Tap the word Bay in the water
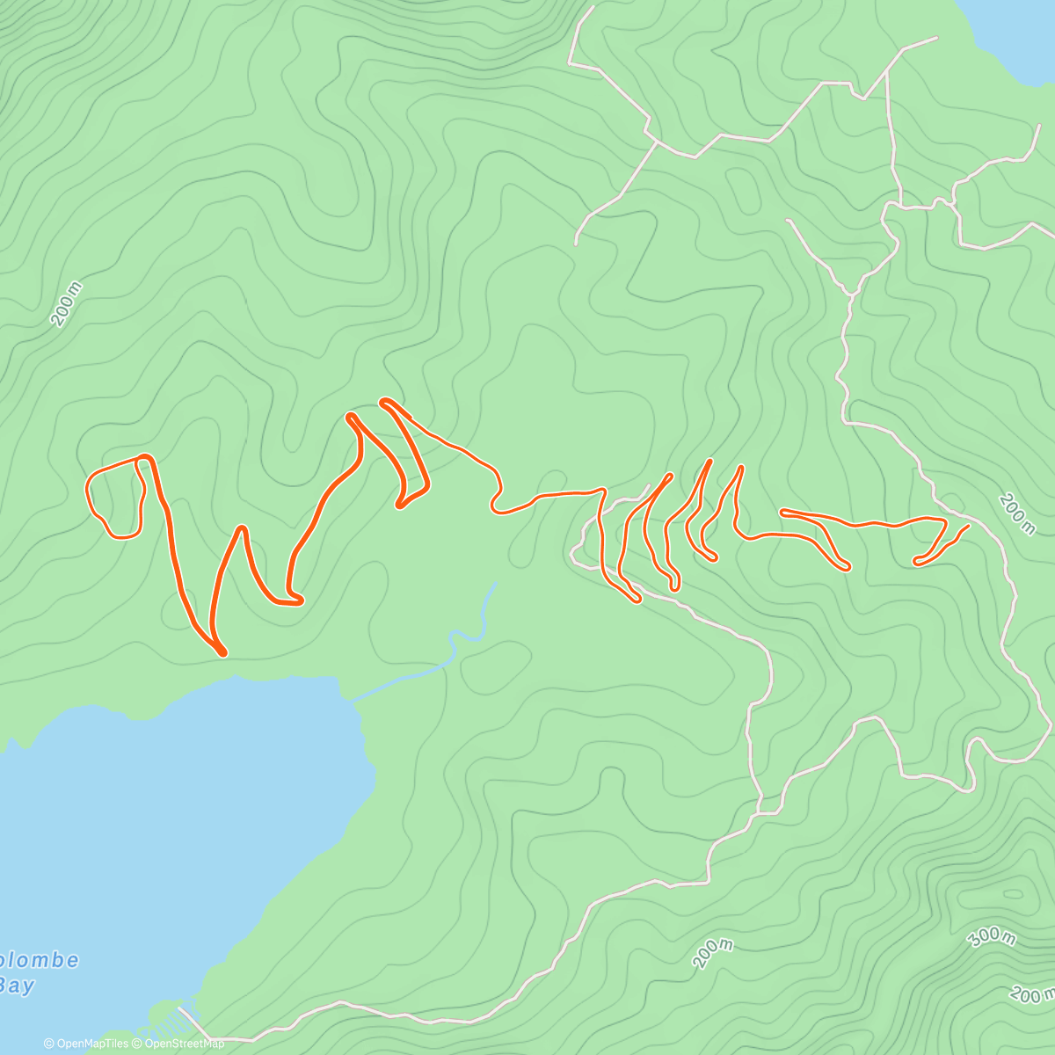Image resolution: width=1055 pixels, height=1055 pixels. pyautogui.click(x=18, y=986)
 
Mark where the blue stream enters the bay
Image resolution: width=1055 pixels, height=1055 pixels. pyautogui.click(x=354, y=700)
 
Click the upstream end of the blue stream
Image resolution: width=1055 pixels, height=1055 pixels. pyautogui.click(x=496, y=583)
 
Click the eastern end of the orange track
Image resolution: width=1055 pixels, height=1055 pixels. pyautogui.click(x=967, y=527)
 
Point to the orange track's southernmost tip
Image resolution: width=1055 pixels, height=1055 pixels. pyautogui.click(x=223, y=653)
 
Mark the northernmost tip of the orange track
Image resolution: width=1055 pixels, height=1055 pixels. pyautogui.click(x=383, y=401)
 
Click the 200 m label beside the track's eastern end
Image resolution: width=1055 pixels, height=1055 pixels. pyautogui.click(x=1016, y=513)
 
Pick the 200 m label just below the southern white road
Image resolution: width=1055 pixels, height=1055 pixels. pyautogui.click(x=712, y=952)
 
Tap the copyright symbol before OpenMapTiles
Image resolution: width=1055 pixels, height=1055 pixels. pyautogui.click(x=49, y=1044)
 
